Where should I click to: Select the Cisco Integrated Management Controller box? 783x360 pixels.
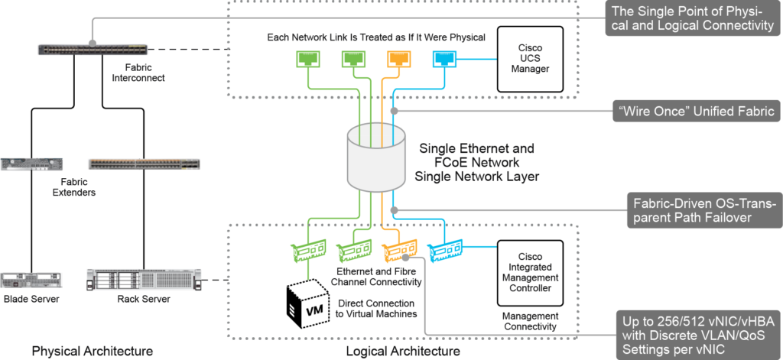tap(531, 273)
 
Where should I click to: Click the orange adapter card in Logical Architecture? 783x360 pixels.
tap(398, 249)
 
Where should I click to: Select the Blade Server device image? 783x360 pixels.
tap(31, 280)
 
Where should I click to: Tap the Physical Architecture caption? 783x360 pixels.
tap(93, 351)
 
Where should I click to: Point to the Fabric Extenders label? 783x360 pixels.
tap(70, 187)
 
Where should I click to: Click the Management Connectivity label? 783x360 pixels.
tap(531, 321)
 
